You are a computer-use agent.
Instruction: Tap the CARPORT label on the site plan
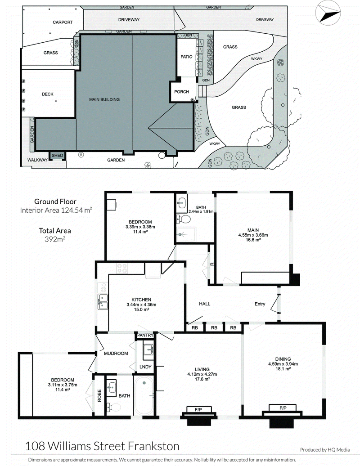point(63,22)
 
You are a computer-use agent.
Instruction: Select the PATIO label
point(186,57)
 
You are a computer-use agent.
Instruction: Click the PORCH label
point(181,92)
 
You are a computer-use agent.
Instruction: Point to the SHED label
point(57,156)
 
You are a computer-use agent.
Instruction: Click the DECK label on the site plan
point(48,94)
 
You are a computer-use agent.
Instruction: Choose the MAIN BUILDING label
point(104,99)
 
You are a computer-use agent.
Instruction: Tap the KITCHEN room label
point(141,300)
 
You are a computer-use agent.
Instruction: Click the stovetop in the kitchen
point(122,269)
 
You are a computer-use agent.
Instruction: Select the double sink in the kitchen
point(103,301)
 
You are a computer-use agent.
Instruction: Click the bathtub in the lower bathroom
point(144,395)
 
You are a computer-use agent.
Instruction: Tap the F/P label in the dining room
point(283,408)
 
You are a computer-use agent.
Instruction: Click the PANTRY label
point(145,335)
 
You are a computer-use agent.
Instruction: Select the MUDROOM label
point(116,354)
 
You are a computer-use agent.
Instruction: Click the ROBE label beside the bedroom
point(99,395)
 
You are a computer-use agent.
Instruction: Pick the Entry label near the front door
point(260,304)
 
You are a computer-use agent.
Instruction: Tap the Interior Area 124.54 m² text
point(56,211)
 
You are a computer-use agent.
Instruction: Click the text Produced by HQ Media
point(325,450)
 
